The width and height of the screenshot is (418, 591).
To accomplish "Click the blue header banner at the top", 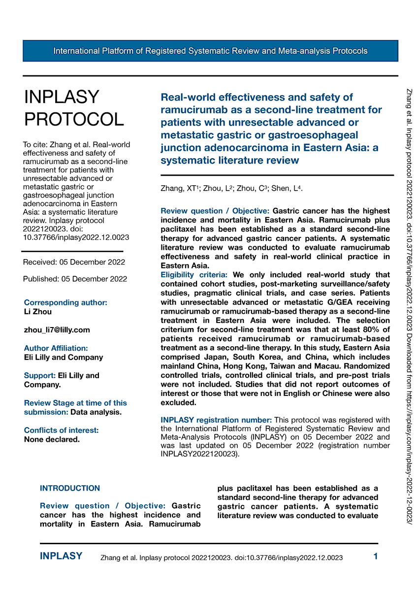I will tap(210, 51).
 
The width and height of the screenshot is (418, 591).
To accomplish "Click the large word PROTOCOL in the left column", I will tap(74, 119).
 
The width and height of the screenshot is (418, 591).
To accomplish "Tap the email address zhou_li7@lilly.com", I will tap(57, 330).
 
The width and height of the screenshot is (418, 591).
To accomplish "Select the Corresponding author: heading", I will tap(65, 302).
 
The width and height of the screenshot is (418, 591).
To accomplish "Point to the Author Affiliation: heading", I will tap(56, 348).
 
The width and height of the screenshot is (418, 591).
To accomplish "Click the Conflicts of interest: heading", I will tap(61, 430).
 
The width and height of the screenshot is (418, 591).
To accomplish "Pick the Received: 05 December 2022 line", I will tap(74, 262).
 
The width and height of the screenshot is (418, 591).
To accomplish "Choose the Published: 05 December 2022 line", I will tap(75, 279).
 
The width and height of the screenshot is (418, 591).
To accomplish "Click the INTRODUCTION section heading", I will tap(70, 488).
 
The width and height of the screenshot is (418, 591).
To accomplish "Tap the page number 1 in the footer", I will tap(376, 557).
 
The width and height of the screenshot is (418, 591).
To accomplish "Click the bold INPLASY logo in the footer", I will tap(61, 557).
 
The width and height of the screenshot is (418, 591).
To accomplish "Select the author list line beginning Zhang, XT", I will tap(231, 189).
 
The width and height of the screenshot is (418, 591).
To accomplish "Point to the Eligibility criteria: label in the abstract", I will tap(194, 275).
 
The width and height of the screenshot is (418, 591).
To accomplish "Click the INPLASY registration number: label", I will tap(216, 420).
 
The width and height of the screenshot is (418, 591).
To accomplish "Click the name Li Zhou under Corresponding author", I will tap(37, 312).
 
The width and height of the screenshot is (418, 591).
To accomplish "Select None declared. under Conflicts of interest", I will tap(52, 439).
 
